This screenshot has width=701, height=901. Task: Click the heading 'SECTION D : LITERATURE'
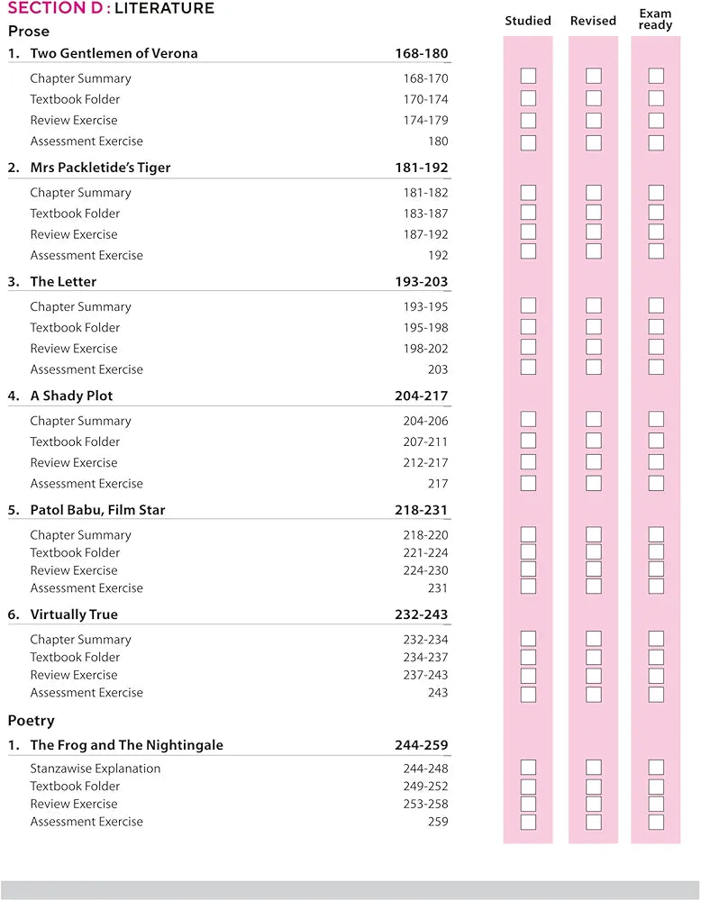click(x=111, y=9)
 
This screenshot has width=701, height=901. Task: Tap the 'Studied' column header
click(x=528, y=21)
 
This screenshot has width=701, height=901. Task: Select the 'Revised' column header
click(x=593, y=21)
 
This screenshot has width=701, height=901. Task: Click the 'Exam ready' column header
click(x=655, y=20)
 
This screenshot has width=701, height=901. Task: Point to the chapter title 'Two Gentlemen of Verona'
click(x=114, y=53)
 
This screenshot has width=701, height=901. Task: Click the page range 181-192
click(x=421, y=168)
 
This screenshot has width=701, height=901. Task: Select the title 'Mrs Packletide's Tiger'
click(x=100, y=168)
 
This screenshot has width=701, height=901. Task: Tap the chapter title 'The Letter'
click(x=63, y=281)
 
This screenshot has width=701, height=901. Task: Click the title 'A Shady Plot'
click(x=71, y=396)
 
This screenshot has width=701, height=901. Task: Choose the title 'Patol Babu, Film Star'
click(x=97, y=510)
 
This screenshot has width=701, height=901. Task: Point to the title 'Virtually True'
click(x=74, y=614)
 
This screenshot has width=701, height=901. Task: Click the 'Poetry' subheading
click(x=32, y=721)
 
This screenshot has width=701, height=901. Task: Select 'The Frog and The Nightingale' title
click(x=126, y=745)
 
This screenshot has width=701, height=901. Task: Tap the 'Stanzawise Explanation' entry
click(x=96, y=769)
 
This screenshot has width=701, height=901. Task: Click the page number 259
click(x=438, y=822)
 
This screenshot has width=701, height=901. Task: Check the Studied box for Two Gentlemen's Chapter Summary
click(x=528, y=76)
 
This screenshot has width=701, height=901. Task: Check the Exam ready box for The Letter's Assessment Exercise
click(x=656, y=367)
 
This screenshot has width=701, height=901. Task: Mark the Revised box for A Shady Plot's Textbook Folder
click(x=594, y=441)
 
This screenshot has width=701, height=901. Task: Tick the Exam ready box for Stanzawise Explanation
click(x=656, y=768)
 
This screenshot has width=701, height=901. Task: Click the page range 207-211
click(x=425, y=441)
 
